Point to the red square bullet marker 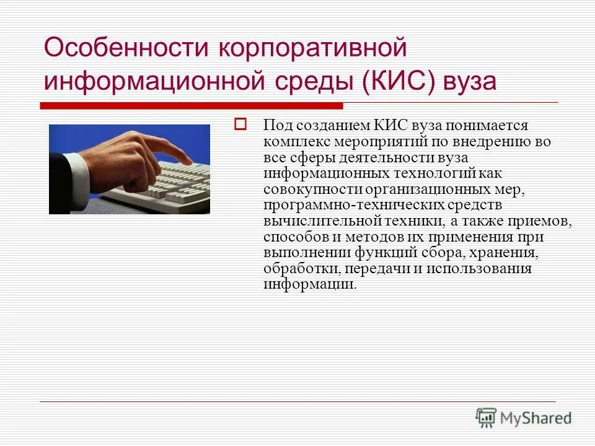point(240,124)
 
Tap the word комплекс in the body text point(291,141)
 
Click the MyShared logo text point(536,418)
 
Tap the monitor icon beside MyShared point(487,418)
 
